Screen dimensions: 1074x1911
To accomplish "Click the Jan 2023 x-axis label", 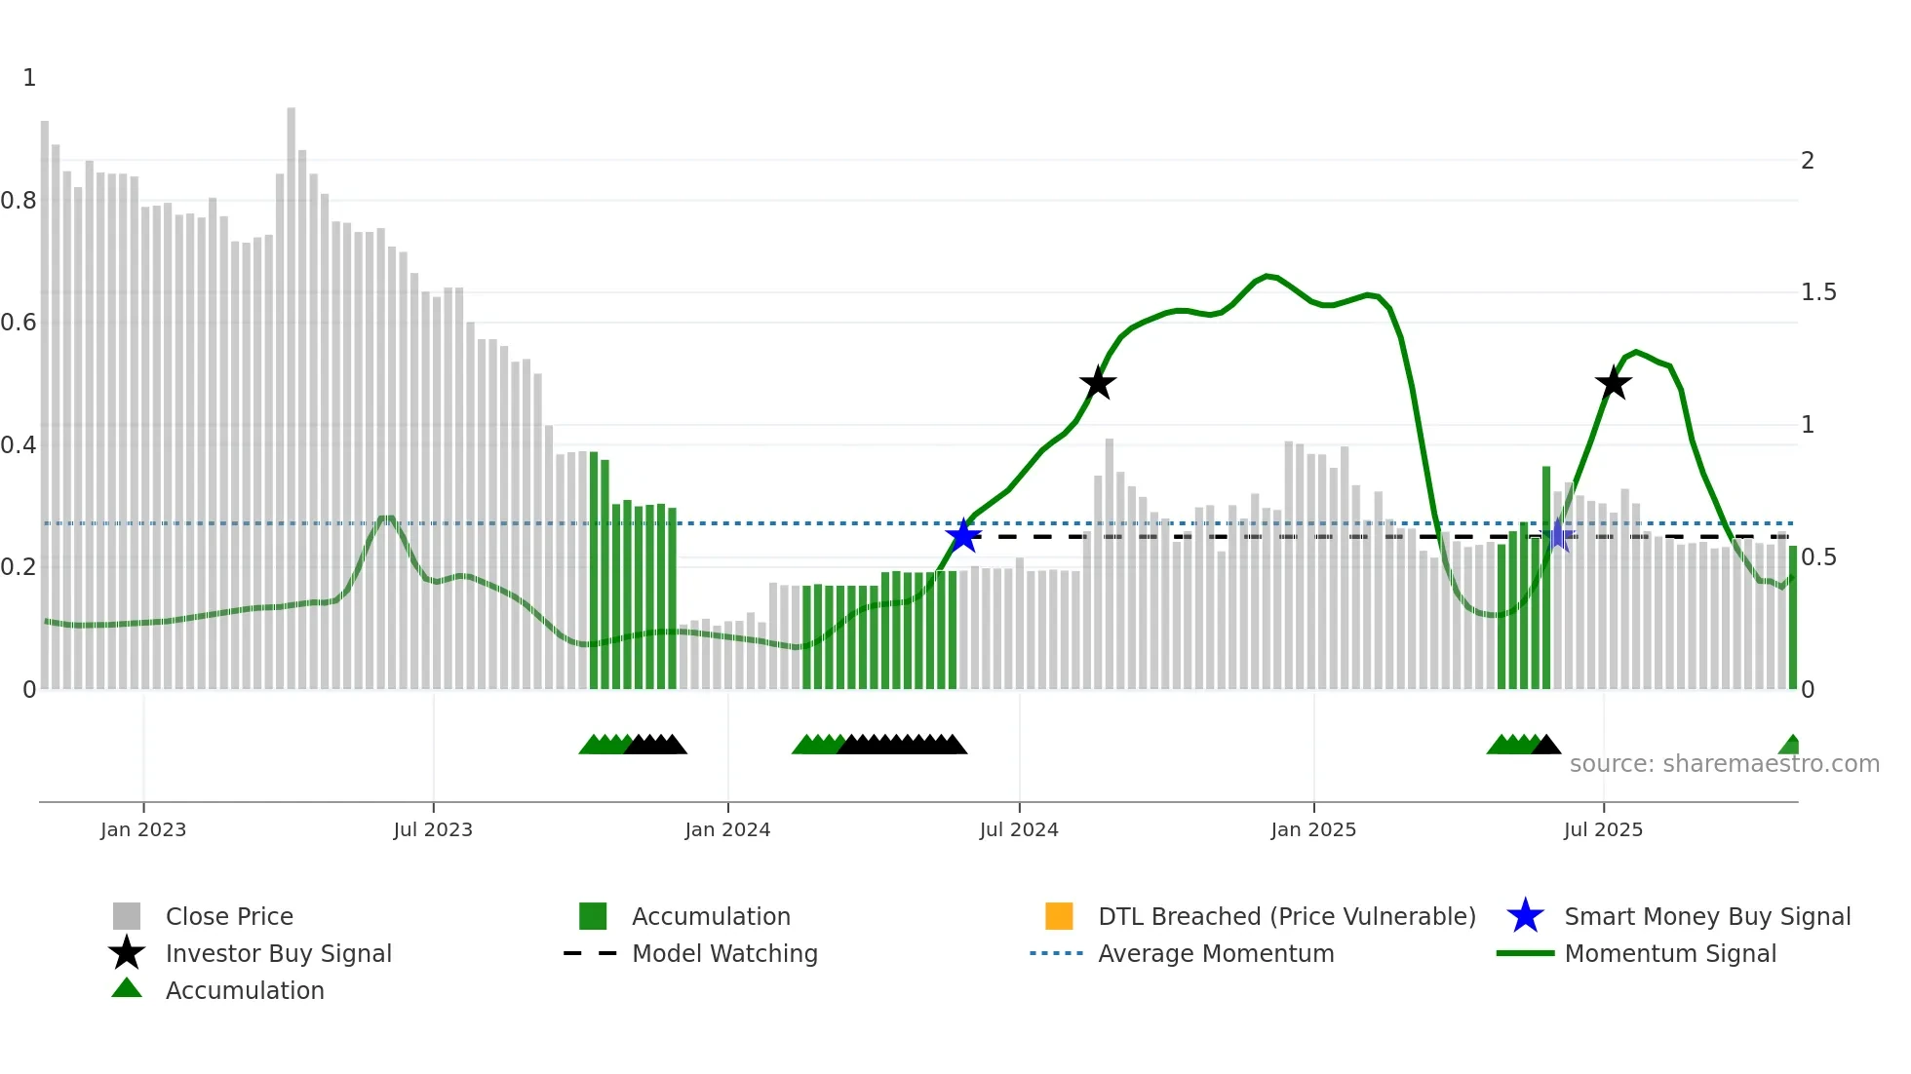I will click(142, 829).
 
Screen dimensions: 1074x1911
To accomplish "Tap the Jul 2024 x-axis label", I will click(1019, 829).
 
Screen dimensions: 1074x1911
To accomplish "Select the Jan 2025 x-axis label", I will click(1313, 829).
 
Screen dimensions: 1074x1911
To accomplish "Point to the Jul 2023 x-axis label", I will click(433, 829).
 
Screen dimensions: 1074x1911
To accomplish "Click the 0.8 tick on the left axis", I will click(19, 201).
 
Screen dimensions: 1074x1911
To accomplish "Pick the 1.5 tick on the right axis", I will click(1818, 292).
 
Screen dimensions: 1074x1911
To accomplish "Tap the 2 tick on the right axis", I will click(1808, 161).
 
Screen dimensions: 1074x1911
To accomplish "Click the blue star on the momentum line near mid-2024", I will click(963, 535).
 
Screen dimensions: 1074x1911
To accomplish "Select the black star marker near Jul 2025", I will click(1614, 383).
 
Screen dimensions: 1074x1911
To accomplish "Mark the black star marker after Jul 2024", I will click(1098, 383).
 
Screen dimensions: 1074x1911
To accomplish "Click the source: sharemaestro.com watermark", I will click(1724, 764).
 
